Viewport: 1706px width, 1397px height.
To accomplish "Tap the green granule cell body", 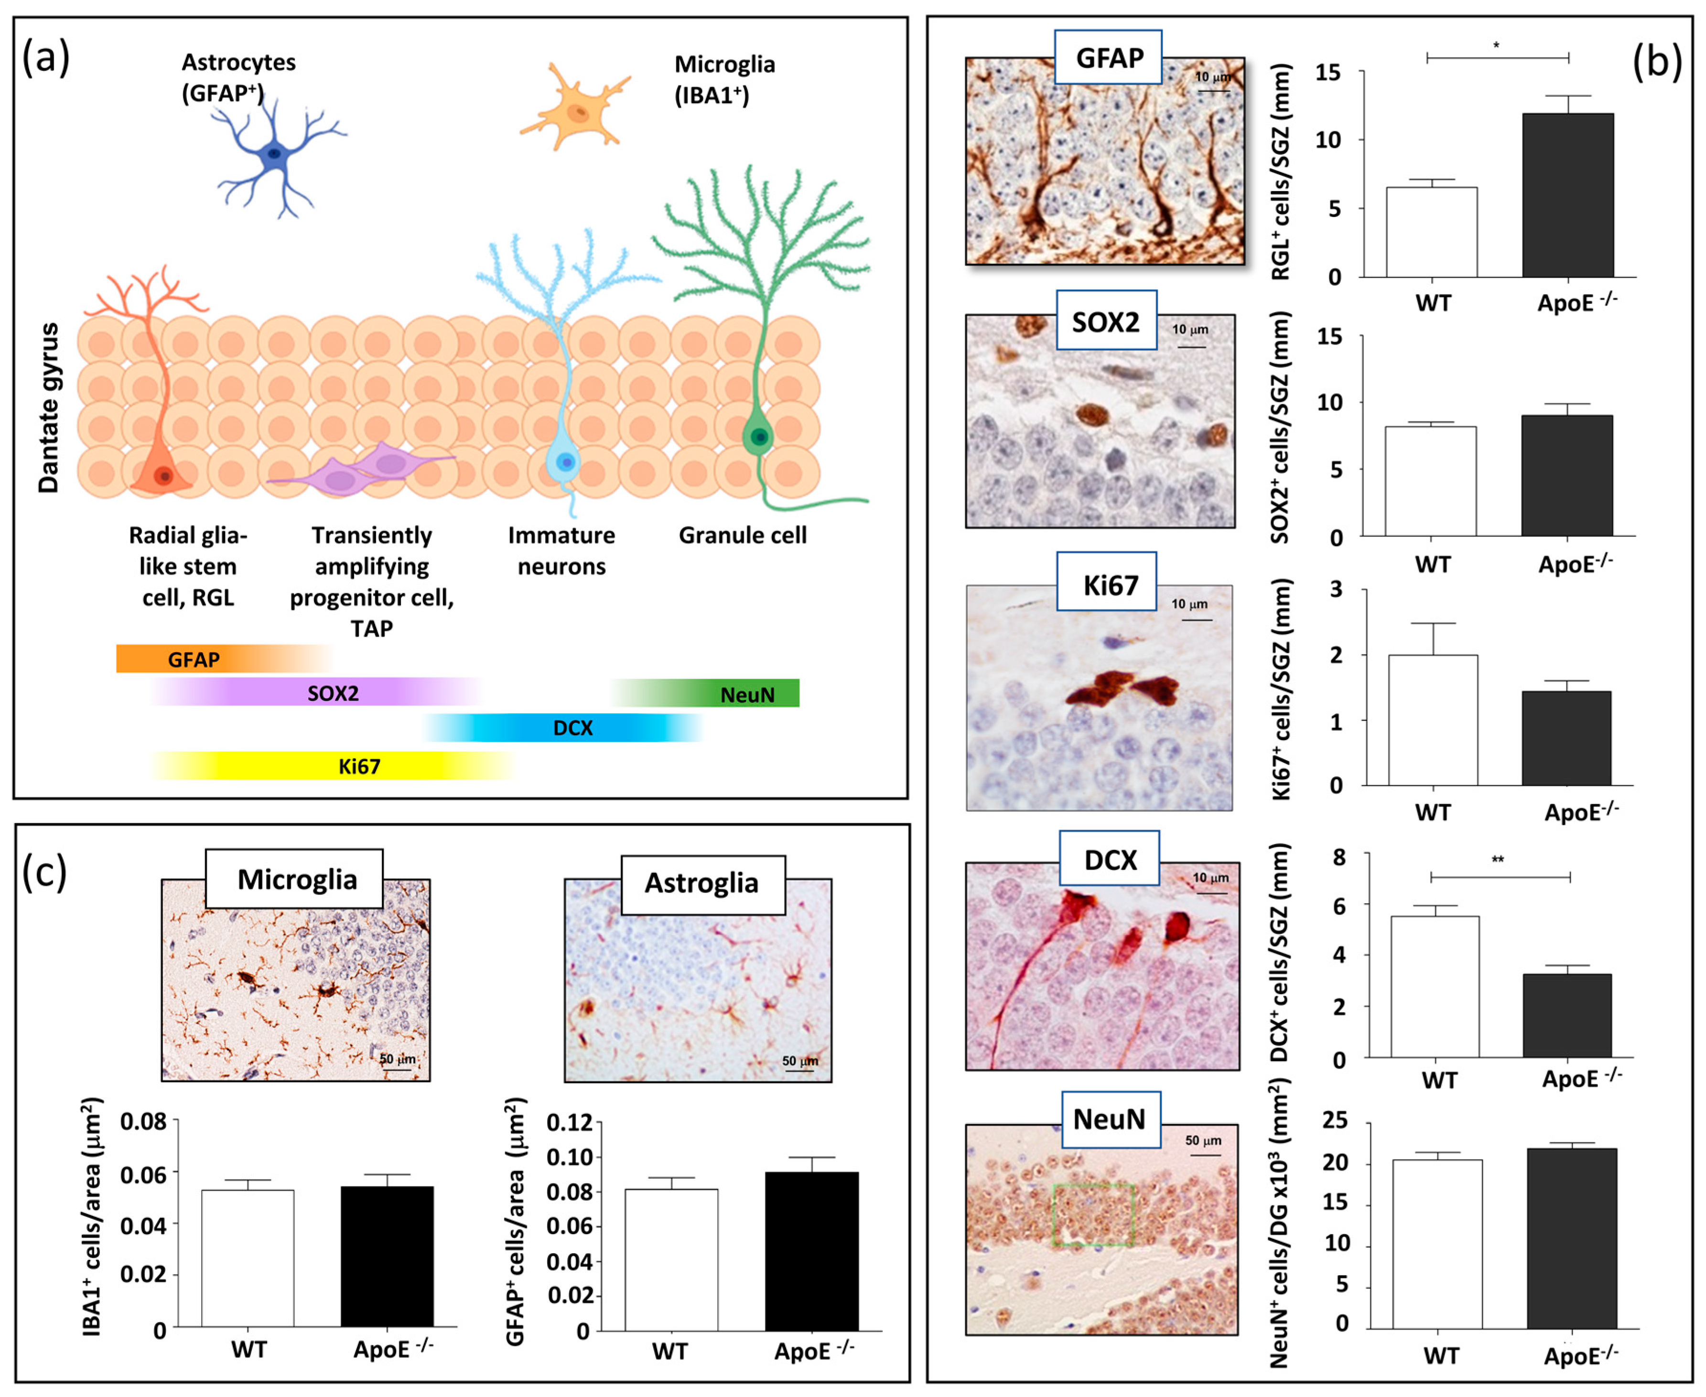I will (758, 437).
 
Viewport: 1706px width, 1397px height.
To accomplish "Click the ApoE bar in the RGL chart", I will (1567, 195).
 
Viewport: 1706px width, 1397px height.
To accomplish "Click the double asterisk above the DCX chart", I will (1498, 860).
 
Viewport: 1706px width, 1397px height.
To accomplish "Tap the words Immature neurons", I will (561, 550).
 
